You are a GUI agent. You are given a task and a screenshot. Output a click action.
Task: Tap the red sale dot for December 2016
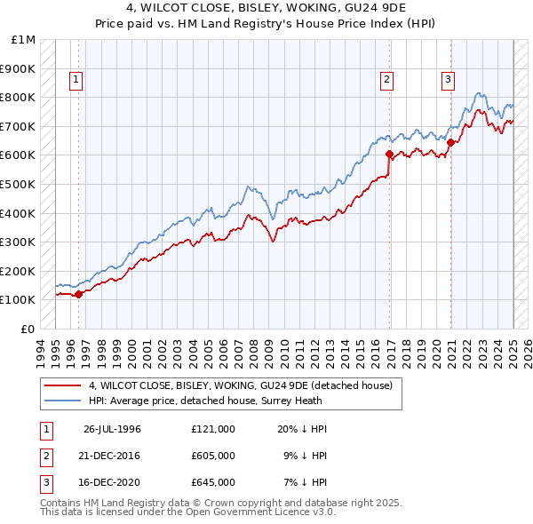[x=390, y=154]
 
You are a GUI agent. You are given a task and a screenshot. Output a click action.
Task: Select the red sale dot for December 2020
[x=451, y=142]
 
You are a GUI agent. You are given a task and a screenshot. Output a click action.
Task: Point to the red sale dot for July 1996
[x=79, y=294]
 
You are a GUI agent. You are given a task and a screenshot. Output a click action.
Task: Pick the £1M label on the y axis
[x=23, y=40]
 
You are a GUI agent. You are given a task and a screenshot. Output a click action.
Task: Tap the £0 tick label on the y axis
[x=28, y=329]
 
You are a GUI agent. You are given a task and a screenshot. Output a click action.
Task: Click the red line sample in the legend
[x=61, y=385]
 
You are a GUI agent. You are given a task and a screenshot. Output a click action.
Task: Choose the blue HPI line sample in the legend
[x=61, y=401]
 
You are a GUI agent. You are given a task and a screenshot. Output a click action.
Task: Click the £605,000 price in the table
[x=213, y=456]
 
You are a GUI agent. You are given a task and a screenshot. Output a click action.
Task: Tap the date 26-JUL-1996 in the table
[x=112, y=429]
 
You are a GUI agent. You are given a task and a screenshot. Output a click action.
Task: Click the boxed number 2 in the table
[x=46, y=456]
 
